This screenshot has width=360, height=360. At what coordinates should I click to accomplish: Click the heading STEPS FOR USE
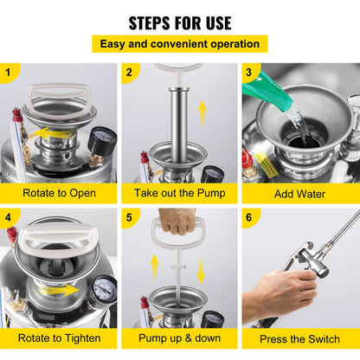(x=180, y=22)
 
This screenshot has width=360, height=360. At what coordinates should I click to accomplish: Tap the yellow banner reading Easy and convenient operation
(x=180, y=43)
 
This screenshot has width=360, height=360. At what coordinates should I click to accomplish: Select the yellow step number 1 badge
(x=10, y=72)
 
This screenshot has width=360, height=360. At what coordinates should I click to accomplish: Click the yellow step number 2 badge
(x=129, y=72)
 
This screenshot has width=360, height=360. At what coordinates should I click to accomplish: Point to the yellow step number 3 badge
(x=250, y=72)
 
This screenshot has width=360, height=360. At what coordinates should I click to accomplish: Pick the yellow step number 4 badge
(x=10, y=217)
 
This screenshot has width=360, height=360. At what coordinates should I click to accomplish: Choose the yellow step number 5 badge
(x=129, y=217)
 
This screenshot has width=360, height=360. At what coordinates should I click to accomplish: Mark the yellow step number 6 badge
(x=250, y=217)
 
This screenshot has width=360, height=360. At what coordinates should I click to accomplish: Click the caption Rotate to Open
(x=59, y=194)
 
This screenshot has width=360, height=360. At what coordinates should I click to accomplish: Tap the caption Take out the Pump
(x=179, y=194)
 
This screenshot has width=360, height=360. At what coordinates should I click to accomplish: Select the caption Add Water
(x=300, y=194)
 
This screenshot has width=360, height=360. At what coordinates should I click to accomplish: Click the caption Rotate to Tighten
(x=59, y=339)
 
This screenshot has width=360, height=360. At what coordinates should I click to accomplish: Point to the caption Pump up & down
(x=179, y=339)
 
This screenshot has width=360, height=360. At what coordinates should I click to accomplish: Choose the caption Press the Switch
(x=300, y=339)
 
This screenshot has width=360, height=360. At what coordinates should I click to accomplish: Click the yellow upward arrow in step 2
(x=202, y=112)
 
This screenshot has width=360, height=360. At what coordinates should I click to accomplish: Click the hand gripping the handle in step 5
(x=178, y=222)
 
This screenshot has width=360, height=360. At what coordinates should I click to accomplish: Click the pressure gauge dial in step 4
(x=104, y=288)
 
